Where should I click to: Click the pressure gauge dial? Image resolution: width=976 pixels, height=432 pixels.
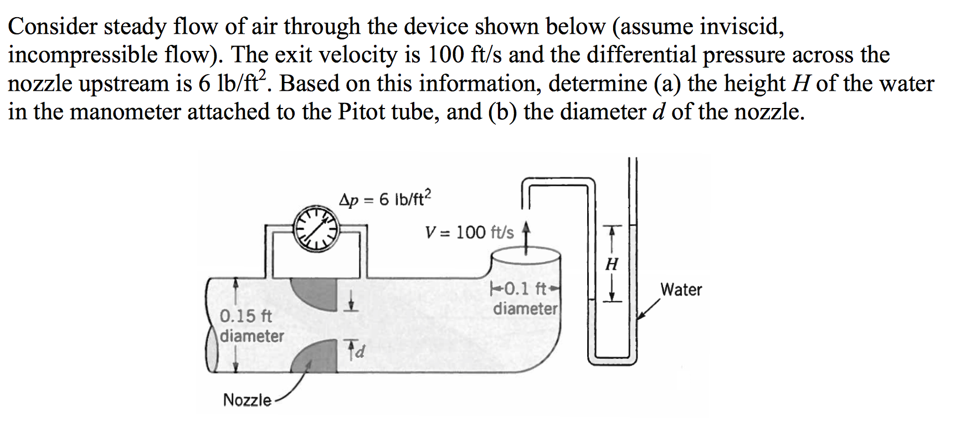point(316,228)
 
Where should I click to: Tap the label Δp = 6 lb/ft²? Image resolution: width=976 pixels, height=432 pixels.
point(385,199)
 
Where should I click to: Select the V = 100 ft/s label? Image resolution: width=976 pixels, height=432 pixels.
point(469,232)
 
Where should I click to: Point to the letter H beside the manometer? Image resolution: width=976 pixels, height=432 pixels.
point(612,264)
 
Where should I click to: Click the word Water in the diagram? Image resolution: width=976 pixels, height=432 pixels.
point(681,290)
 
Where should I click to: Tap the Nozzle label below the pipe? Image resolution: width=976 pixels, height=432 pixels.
point(247,400)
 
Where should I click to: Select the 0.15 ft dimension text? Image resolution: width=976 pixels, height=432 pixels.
point(246,316)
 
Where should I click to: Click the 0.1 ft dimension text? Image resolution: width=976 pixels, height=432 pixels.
point(526,289)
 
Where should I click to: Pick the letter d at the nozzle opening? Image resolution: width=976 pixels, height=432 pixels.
point(359,351)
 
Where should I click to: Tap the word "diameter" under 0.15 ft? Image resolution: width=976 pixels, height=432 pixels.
point(252,336)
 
